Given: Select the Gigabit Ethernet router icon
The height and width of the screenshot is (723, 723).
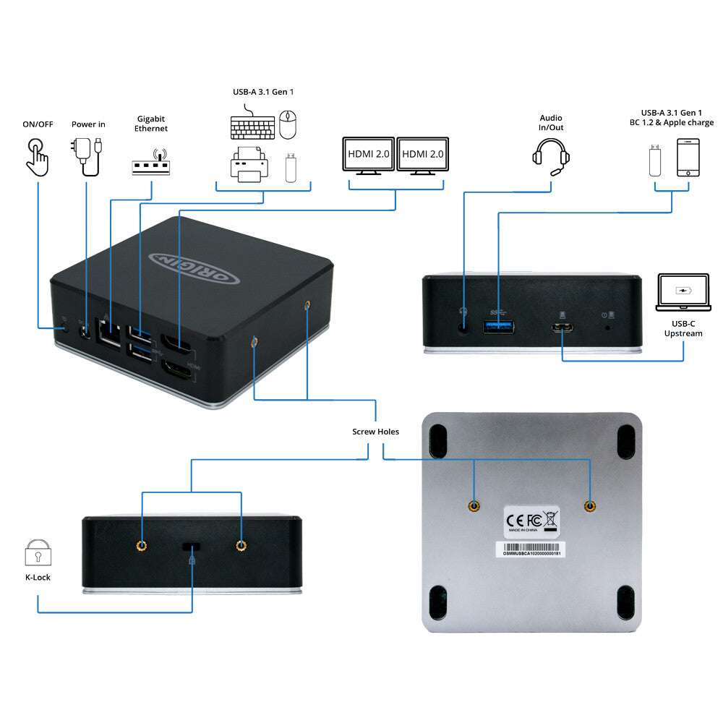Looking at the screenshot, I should pyautogui.click(x=150, y=163).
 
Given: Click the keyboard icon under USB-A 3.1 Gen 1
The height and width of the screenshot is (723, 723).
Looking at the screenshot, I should pyautogui.click(x=252, y=127).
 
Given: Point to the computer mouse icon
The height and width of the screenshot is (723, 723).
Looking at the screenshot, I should pyautogui.click(x=288, y=124).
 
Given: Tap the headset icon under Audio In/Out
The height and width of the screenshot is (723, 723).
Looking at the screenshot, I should pyautogui.click(x=551, y=155).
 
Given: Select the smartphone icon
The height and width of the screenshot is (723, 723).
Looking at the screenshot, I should pyautogui.click(x=688, y=158).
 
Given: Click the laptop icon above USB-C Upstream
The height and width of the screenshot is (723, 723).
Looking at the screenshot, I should pyautogui.click(x=683, y=292).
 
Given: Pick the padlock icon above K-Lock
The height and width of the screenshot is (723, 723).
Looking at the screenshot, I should pyautogui.click(x=38, y=552).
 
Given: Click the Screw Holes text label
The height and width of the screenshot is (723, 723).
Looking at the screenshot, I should pyautogui.click(x=375, y=432).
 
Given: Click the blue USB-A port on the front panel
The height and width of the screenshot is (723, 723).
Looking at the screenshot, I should pyautogui.click(x=497, y=325).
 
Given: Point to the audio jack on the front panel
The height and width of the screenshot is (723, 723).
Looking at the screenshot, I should pyautogui.click(x=463, y=325).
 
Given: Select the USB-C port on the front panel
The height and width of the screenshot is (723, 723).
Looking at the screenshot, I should pyautogui.click(x=562, y=327).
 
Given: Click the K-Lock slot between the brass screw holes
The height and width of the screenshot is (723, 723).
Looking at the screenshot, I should pyautogui.click(x=192, y=545).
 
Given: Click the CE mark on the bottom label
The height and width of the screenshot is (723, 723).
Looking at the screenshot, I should pyautogui.click(x=515, y=518).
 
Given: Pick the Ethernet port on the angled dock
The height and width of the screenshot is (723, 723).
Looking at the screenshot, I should pyautogui.click(x=108, y=334).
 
